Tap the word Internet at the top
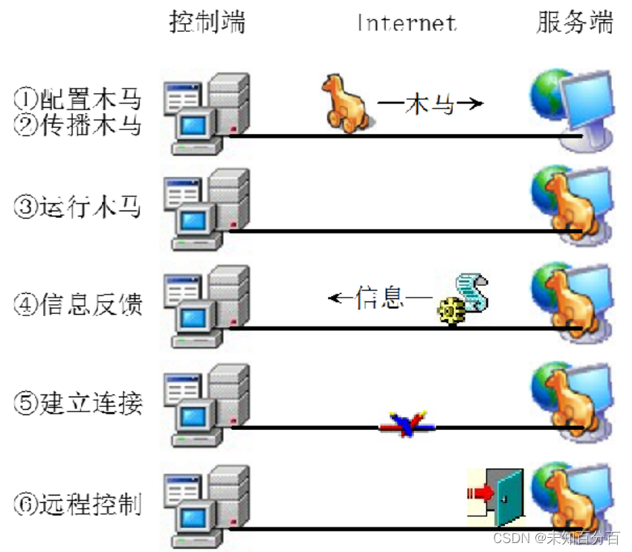tap(407, 22)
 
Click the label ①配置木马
tap(77, 98)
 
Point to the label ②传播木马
tap(77, 124)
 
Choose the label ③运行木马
tap(77, 207)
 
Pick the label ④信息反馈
tap(77, 304)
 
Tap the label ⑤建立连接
tap(77, 402)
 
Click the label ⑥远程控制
tap(77, 504)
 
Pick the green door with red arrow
tap(495, 494)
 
